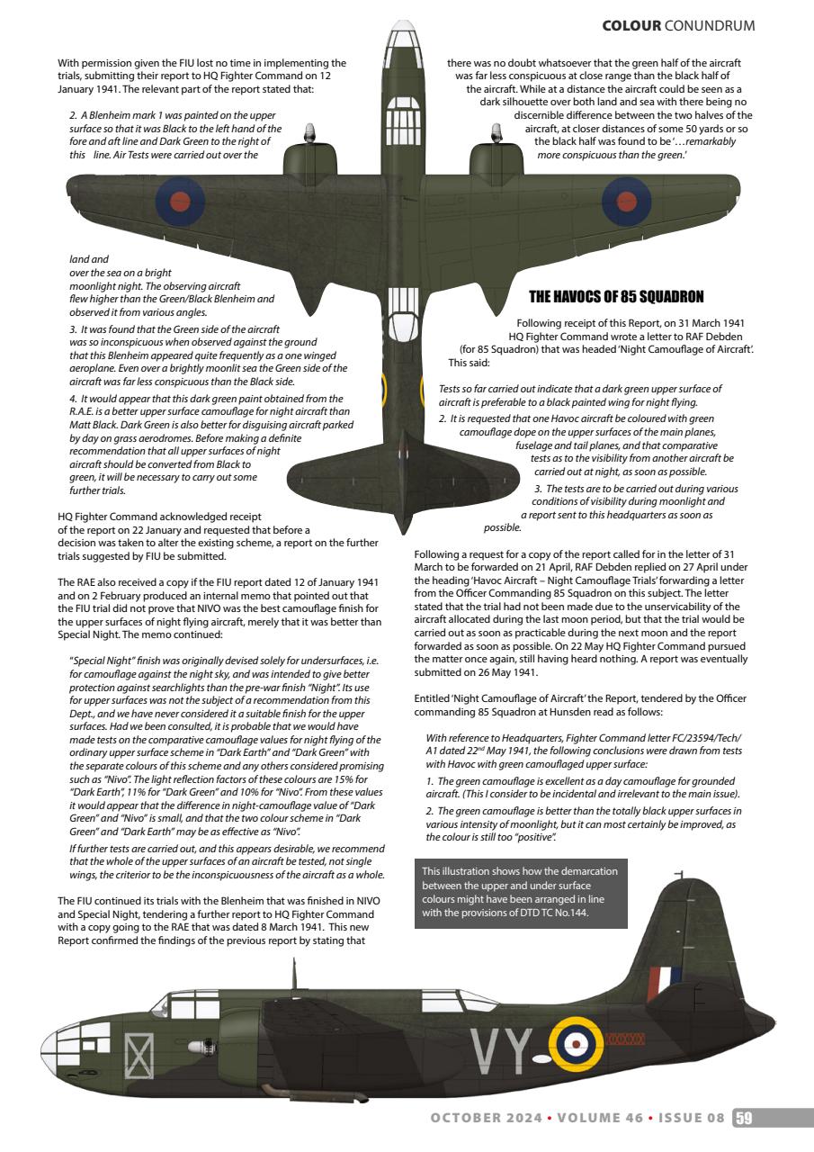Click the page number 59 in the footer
point(744,1119)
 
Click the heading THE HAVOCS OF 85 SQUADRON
point(616,296)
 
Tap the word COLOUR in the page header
point(631,25)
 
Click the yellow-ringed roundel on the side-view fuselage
point(576,1044)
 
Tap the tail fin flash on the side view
point(667,978)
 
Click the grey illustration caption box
point(521,895)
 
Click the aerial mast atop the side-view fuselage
point(293,975)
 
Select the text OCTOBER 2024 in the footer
point(486,1119)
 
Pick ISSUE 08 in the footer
point(691,1119)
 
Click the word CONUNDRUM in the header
point(709,25)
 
